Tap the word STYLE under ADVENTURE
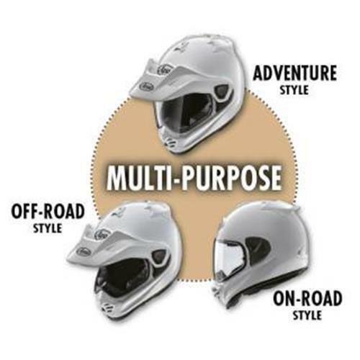pos(294,90)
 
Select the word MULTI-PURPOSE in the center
pos(194,176)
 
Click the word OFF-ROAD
pos(48,212)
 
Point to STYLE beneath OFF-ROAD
pos(48,228)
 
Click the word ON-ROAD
pos(307,298)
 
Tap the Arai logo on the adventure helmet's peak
pos(147,86)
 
